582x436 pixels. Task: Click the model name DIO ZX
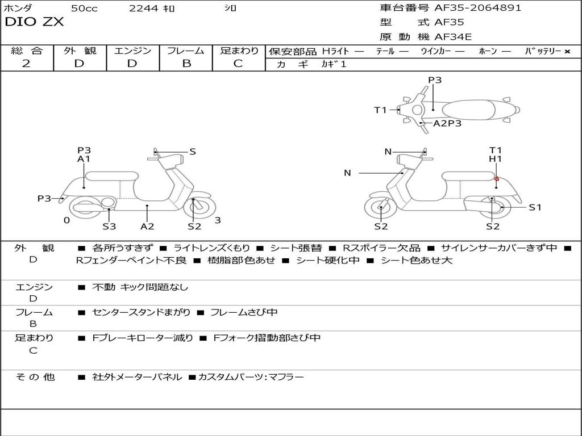pos(34,22)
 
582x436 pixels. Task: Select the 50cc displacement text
pos(84,9)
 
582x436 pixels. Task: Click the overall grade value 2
pos(26,64)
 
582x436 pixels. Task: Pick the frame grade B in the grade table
pos(186,64)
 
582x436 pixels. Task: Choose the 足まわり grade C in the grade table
pos(238,64)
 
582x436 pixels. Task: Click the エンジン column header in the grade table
pos(132,51)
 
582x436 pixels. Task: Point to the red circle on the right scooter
pos(496,179)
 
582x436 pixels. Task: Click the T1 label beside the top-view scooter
pos(380,110)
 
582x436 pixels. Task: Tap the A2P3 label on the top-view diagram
pos(447,123)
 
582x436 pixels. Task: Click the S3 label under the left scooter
pos(109,227)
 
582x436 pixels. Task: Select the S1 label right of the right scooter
pos(535,207)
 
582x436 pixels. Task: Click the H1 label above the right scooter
pos(496,159)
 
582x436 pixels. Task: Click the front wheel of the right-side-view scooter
pos(380,208)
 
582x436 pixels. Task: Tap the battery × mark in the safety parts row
pos(567,52)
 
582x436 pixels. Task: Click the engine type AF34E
pos(453,37)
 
